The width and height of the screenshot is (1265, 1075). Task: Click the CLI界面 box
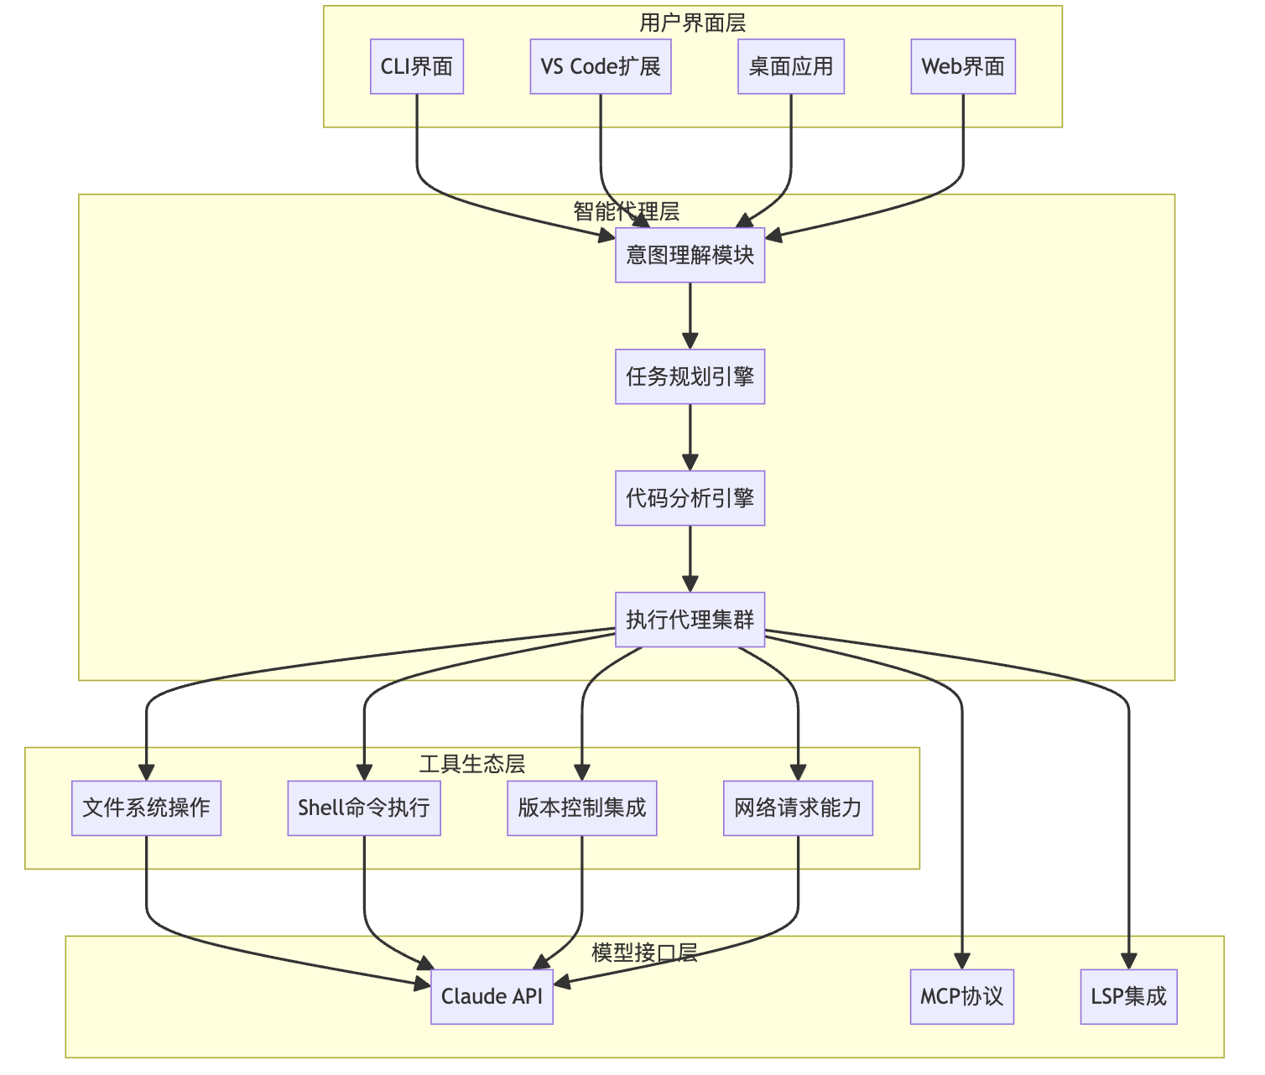[417, 66]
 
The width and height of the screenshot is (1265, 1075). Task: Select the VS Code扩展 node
[601, 66]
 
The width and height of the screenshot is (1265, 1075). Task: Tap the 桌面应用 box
[791, 66]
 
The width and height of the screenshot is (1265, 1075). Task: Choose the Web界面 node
[963, 66]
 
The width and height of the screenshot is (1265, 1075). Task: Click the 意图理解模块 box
[690, 255]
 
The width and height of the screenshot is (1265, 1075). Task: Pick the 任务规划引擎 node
[690, 377]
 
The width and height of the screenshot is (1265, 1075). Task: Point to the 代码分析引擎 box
[690, 498]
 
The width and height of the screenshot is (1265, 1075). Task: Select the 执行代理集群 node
[690, 620]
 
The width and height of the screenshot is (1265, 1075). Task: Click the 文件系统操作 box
[146, 808]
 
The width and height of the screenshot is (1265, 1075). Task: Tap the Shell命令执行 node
[364, 808]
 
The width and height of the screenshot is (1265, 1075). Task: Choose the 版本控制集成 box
[581, 808]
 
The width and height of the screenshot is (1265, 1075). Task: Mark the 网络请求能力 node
[798, 808]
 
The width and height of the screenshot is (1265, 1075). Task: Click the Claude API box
[492, 996]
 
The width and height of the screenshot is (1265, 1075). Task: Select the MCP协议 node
[962, 996]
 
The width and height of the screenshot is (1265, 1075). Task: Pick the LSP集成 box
[1128, 996]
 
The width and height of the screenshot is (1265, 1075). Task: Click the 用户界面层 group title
[692, 23]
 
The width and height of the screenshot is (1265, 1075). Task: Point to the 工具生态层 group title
[472, 764]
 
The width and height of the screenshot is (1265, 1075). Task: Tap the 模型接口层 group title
[644, 953]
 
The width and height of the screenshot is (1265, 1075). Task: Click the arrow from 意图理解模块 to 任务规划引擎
[690, 315]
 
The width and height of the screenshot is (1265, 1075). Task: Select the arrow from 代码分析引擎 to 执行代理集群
[690, 558]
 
